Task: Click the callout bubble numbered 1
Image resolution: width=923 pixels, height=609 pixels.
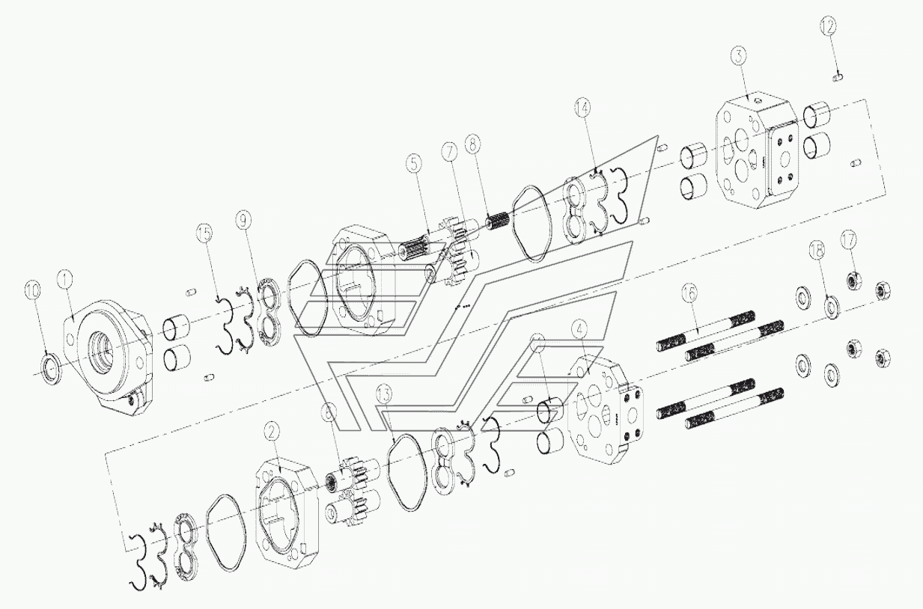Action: (x=67, y=280)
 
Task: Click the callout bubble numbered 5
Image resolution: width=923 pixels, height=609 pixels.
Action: (x=416, y=160)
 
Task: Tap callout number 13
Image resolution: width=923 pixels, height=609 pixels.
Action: (x=384, y=394)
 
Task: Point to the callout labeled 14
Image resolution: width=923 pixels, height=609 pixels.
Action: (x=583, y=107)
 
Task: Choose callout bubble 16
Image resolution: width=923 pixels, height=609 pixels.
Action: (x=689, y=291)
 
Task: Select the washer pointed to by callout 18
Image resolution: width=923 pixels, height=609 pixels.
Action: (x=830, y=307)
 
